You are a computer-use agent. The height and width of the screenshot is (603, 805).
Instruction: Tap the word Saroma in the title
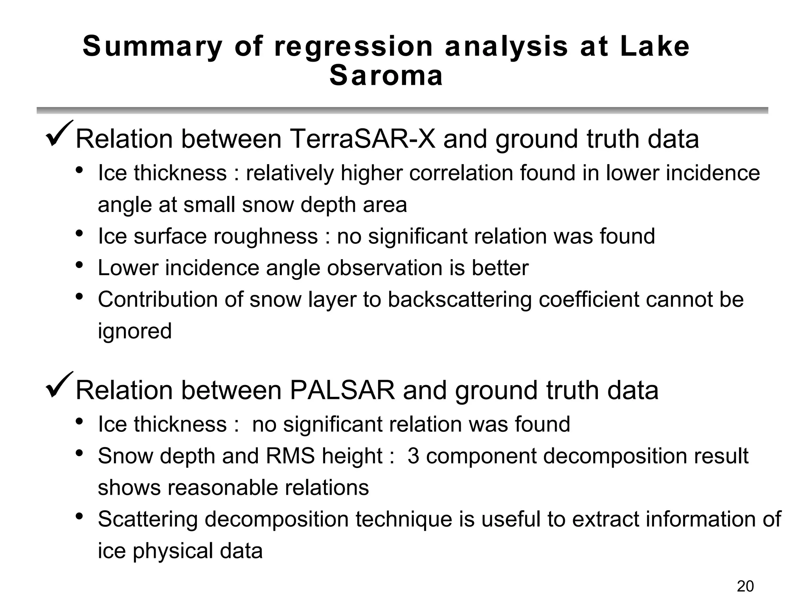pyautogui.click(x=386, y=76)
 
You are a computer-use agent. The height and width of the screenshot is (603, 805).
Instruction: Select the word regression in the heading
pyautogui.click(x=353, y=46)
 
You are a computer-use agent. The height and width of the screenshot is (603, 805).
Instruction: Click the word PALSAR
pyautogui.click(x=342, y=391)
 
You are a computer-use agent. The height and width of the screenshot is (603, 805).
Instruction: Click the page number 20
pyautogui.click(x=745, y=586)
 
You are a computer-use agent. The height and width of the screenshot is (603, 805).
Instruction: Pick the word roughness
pyautogui.click(x=268, y=236)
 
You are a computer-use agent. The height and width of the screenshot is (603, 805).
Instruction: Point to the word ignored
pyautogui.click(x=135, y=331)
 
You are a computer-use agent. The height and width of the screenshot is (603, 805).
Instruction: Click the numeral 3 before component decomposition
pyautogui.click(x=413, y=456)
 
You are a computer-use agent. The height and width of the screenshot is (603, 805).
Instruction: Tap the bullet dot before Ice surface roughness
pyautogui.click(x=79, y=234)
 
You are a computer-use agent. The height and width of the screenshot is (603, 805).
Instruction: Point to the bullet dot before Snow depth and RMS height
pyautogui.click(x=79, y=453)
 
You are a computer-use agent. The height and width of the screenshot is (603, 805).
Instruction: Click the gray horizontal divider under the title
pyautogui.click(x=402, y=110)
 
